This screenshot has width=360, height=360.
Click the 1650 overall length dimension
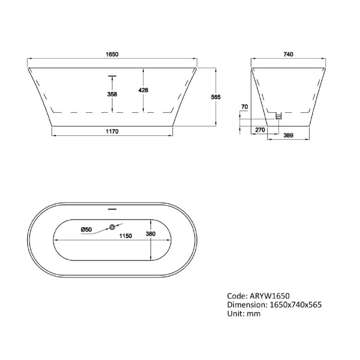(x=112, y=55)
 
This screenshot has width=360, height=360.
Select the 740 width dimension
(x=288, y=55)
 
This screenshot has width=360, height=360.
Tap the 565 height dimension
(x=216, y=97)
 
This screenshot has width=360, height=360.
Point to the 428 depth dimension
(x=143, y=90)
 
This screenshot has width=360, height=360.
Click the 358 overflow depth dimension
(x=112, y=94)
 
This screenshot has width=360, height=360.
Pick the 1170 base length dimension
(x=112, y=131)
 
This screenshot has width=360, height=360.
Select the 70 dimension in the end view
(x=244, y=107)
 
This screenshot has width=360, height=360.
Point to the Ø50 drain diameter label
(x=86, y=229)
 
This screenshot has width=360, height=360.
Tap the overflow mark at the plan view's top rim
(x=112, y=209)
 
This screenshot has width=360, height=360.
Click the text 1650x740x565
(x=294, y=304)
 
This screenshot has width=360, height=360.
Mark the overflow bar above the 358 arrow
(x=112, y=75)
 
